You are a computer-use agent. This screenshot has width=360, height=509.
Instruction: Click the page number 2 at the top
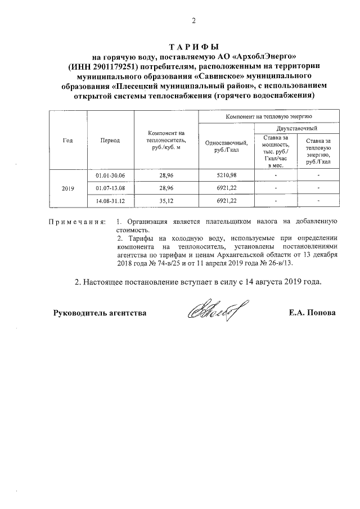click(193, 22)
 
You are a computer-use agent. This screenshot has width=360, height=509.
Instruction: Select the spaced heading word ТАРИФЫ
click(193, 47)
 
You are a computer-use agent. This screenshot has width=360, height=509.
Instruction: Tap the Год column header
click(67, 139)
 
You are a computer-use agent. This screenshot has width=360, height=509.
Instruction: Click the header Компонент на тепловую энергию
click(268, 116)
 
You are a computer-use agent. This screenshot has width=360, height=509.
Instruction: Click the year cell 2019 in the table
click(67, 188)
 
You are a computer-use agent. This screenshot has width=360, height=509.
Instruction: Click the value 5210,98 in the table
click(223, 176)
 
